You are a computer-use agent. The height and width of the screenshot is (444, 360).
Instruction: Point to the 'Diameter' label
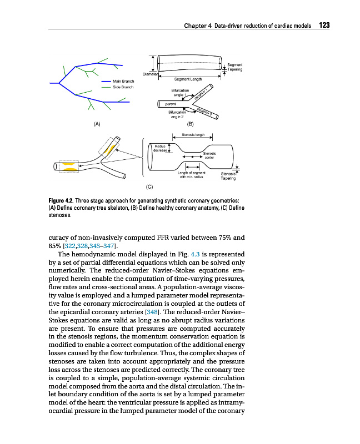[151, 73]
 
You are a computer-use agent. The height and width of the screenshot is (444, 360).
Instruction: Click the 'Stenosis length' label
[193, 134]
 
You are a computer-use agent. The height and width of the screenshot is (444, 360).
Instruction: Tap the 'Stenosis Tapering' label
[228, 176]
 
